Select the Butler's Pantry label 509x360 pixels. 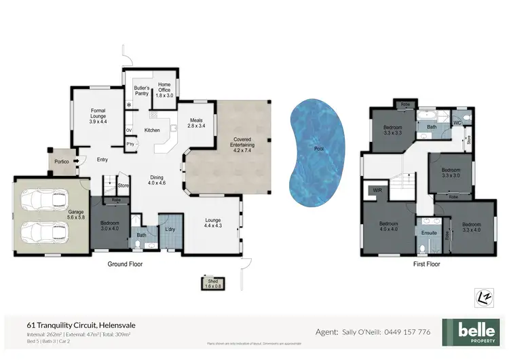[x=141, y=90]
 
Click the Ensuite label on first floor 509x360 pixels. [x=429, y=232]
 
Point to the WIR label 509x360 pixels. [x=377, y=192]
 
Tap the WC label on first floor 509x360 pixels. [x=457, y=122]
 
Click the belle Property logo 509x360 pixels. [x=471, y=331]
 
